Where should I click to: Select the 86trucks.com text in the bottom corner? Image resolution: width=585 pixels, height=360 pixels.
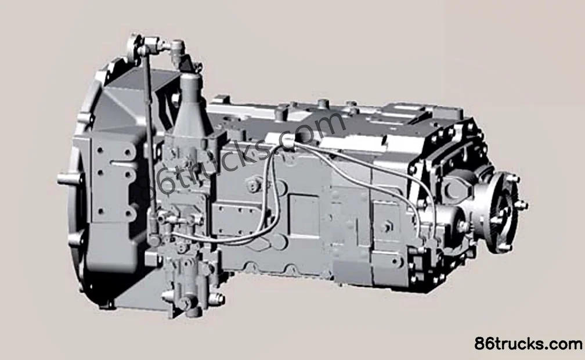pyautogui.click(x=528, y=343)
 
